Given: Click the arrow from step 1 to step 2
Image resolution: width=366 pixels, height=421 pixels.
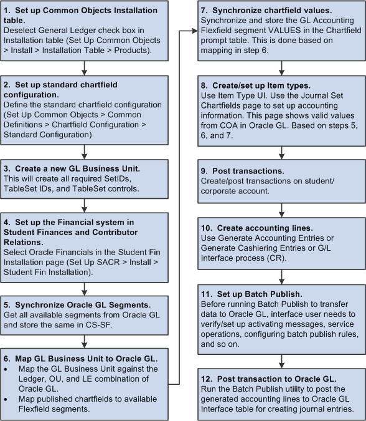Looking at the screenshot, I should pyautogui.click(x=83, y=68).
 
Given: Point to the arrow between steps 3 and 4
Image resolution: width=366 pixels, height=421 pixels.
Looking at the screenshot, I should pyautogui.click(x=83, y=206).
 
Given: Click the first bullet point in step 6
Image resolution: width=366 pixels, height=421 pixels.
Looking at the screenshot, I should pyautogui.click(x=9, y=369).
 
